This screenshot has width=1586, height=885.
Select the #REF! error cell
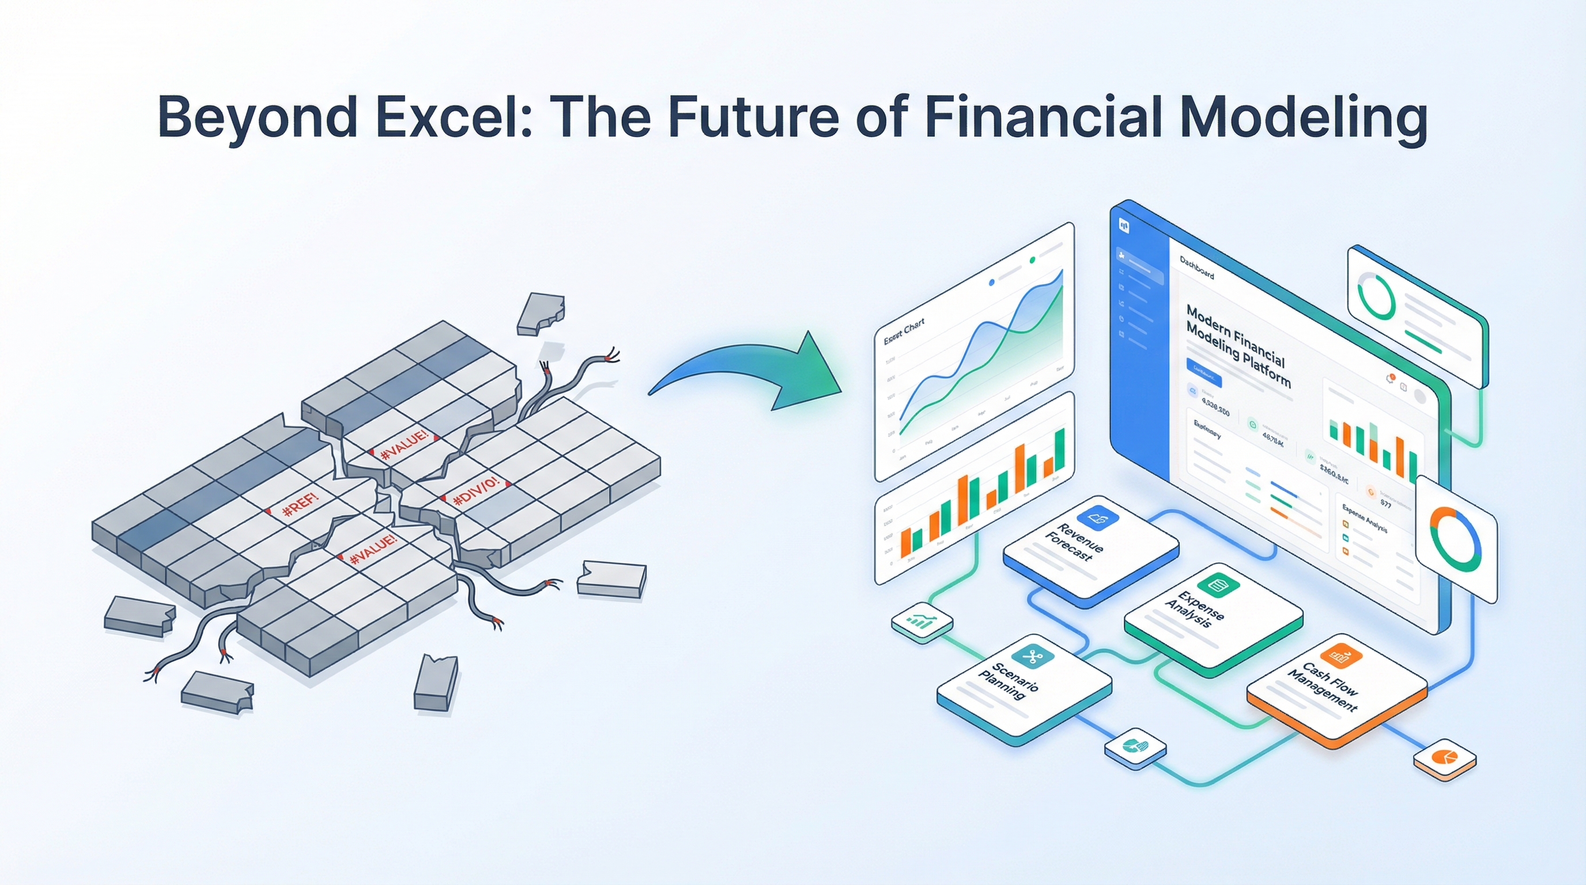[x=301, y=504]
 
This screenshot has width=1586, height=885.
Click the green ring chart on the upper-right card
[x=1377, y=297]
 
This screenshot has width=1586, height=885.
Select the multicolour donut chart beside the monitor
[x=1456, y=539]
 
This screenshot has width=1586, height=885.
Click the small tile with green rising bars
[x=922, y=622]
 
